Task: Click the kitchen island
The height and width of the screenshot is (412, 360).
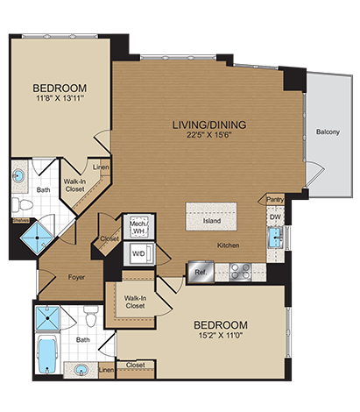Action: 211,216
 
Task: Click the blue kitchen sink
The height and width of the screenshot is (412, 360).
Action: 276,238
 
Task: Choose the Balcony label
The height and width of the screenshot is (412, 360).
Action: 328,132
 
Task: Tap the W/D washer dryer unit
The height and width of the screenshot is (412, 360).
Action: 138,254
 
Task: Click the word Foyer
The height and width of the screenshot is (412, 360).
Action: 76,276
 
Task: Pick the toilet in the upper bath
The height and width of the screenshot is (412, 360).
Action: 24,205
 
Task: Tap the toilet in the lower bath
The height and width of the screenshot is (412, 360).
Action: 88,316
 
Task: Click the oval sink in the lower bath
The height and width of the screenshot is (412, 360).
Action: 81,368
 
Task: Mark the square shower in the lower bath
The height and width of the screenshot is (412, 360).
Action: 49,317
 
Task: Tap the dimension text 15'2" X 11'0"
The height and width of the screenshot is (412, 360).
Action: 227,335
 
